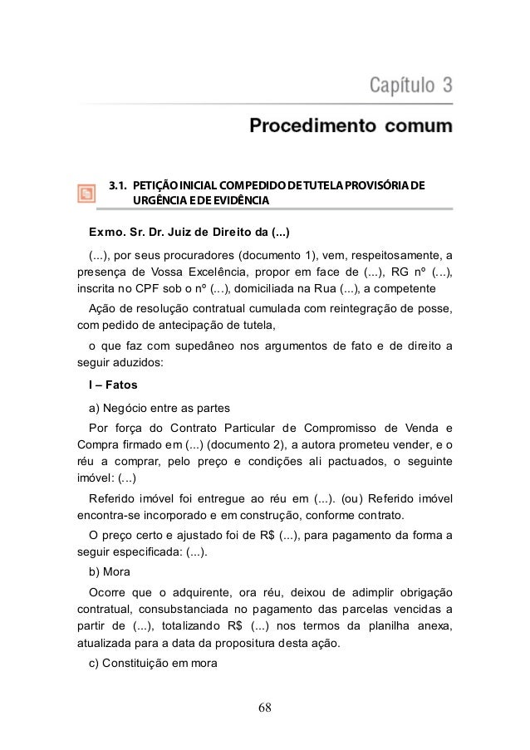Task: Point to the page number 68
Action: click(265, 708)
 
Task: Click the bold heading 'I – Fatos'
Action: click(115, 385)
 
